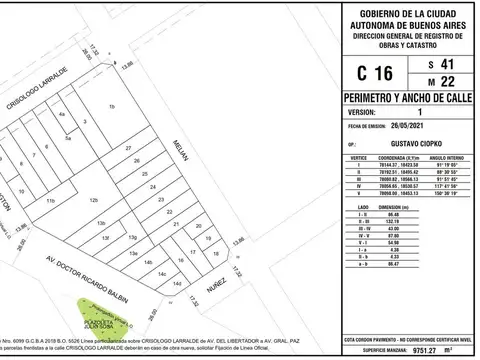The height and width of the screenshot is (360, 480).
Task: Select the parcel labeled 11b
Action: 47,201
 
